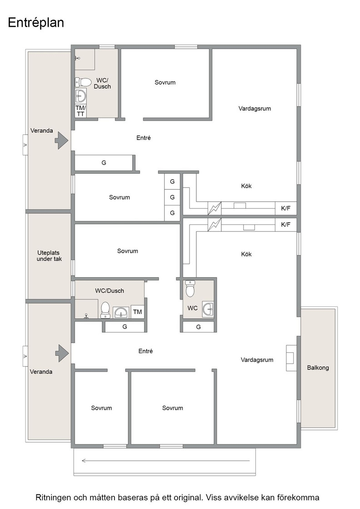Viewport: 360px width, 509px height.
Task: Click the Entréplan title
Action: point(36,23)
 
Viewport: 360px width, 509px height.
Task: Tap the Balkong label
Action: point(318,368)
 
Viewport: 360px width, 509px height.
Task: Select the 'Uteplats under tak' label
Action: point(49,255)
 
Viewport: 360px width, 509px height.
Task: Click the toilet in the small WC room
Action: point(190,289)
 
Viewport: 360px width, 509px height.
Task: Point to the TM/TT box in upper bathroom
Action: point(81,111)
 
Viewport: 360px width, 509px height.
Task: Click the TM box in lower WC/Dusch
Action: point(138,312)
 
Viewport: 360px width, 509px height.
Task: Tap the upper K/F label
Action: point(285,209)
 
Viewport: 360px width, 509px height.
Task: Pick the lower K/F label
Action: point(285,225)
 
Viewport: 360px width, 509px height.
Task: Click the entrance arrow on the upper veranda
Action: point(61,140)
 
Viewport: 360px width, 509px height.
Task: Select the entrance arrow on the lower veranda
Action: point(62,353)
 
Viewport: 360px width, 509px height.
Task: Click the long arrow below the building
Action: point(165,460)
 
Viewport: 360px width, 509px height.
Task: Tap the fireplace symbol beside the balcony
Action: point(291,358)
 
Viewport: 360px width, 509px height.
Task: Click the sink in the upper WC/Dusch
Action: point(81,96)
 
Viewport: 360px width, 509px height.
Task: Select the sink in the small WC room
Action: point(208,309)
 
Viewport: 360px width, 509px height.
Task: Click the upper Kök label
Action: point(246,186)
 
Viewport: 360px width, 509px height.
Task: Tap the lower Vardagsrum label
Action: point(257,359)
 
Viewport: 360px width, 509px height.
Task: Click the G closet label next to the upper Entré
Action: point(104,163)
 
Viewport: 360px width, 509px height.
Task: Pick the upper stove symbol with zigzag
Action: point(215,209)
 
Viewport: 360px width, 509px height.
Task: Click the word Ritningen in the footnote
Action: point(53,498)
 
